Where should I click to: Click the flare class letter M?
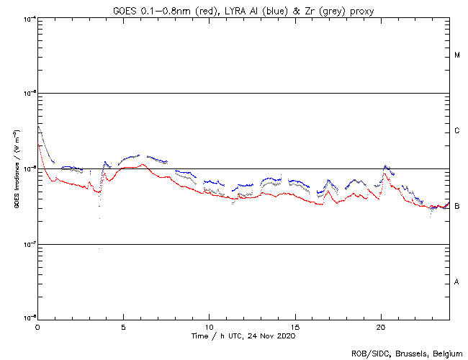pyautogui.click(x=457, y=55)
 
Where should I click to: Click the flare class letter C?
pyautogui.click(x=457, y=131)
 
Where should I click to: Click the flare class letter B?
pyautogui.click(x=457, y=207)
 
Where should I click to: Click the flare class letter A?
pyautogui.click(x=457, y=282)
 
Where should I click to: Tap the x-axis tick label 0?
pyautogui.click(x=37, y=327)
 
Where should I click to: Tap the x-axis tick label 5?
pyautogui.click(x=123, y=327)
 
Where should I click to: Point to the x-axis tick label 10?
pyautogui.click(x=209, y=327)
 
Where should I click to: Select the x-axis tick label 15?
pyautogui.click(x=295, y=327)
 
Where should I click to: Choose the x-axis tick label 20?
pyautogui.click(x=381, y=327)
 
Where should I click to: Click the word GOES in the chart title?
pyautogui.click(x=125, y=9)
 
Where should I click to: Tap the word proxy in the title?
pyautogui.click(x=359, y=9)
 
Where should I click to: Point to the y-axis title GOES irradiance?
pyautogui.click(x=16, y=169)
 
